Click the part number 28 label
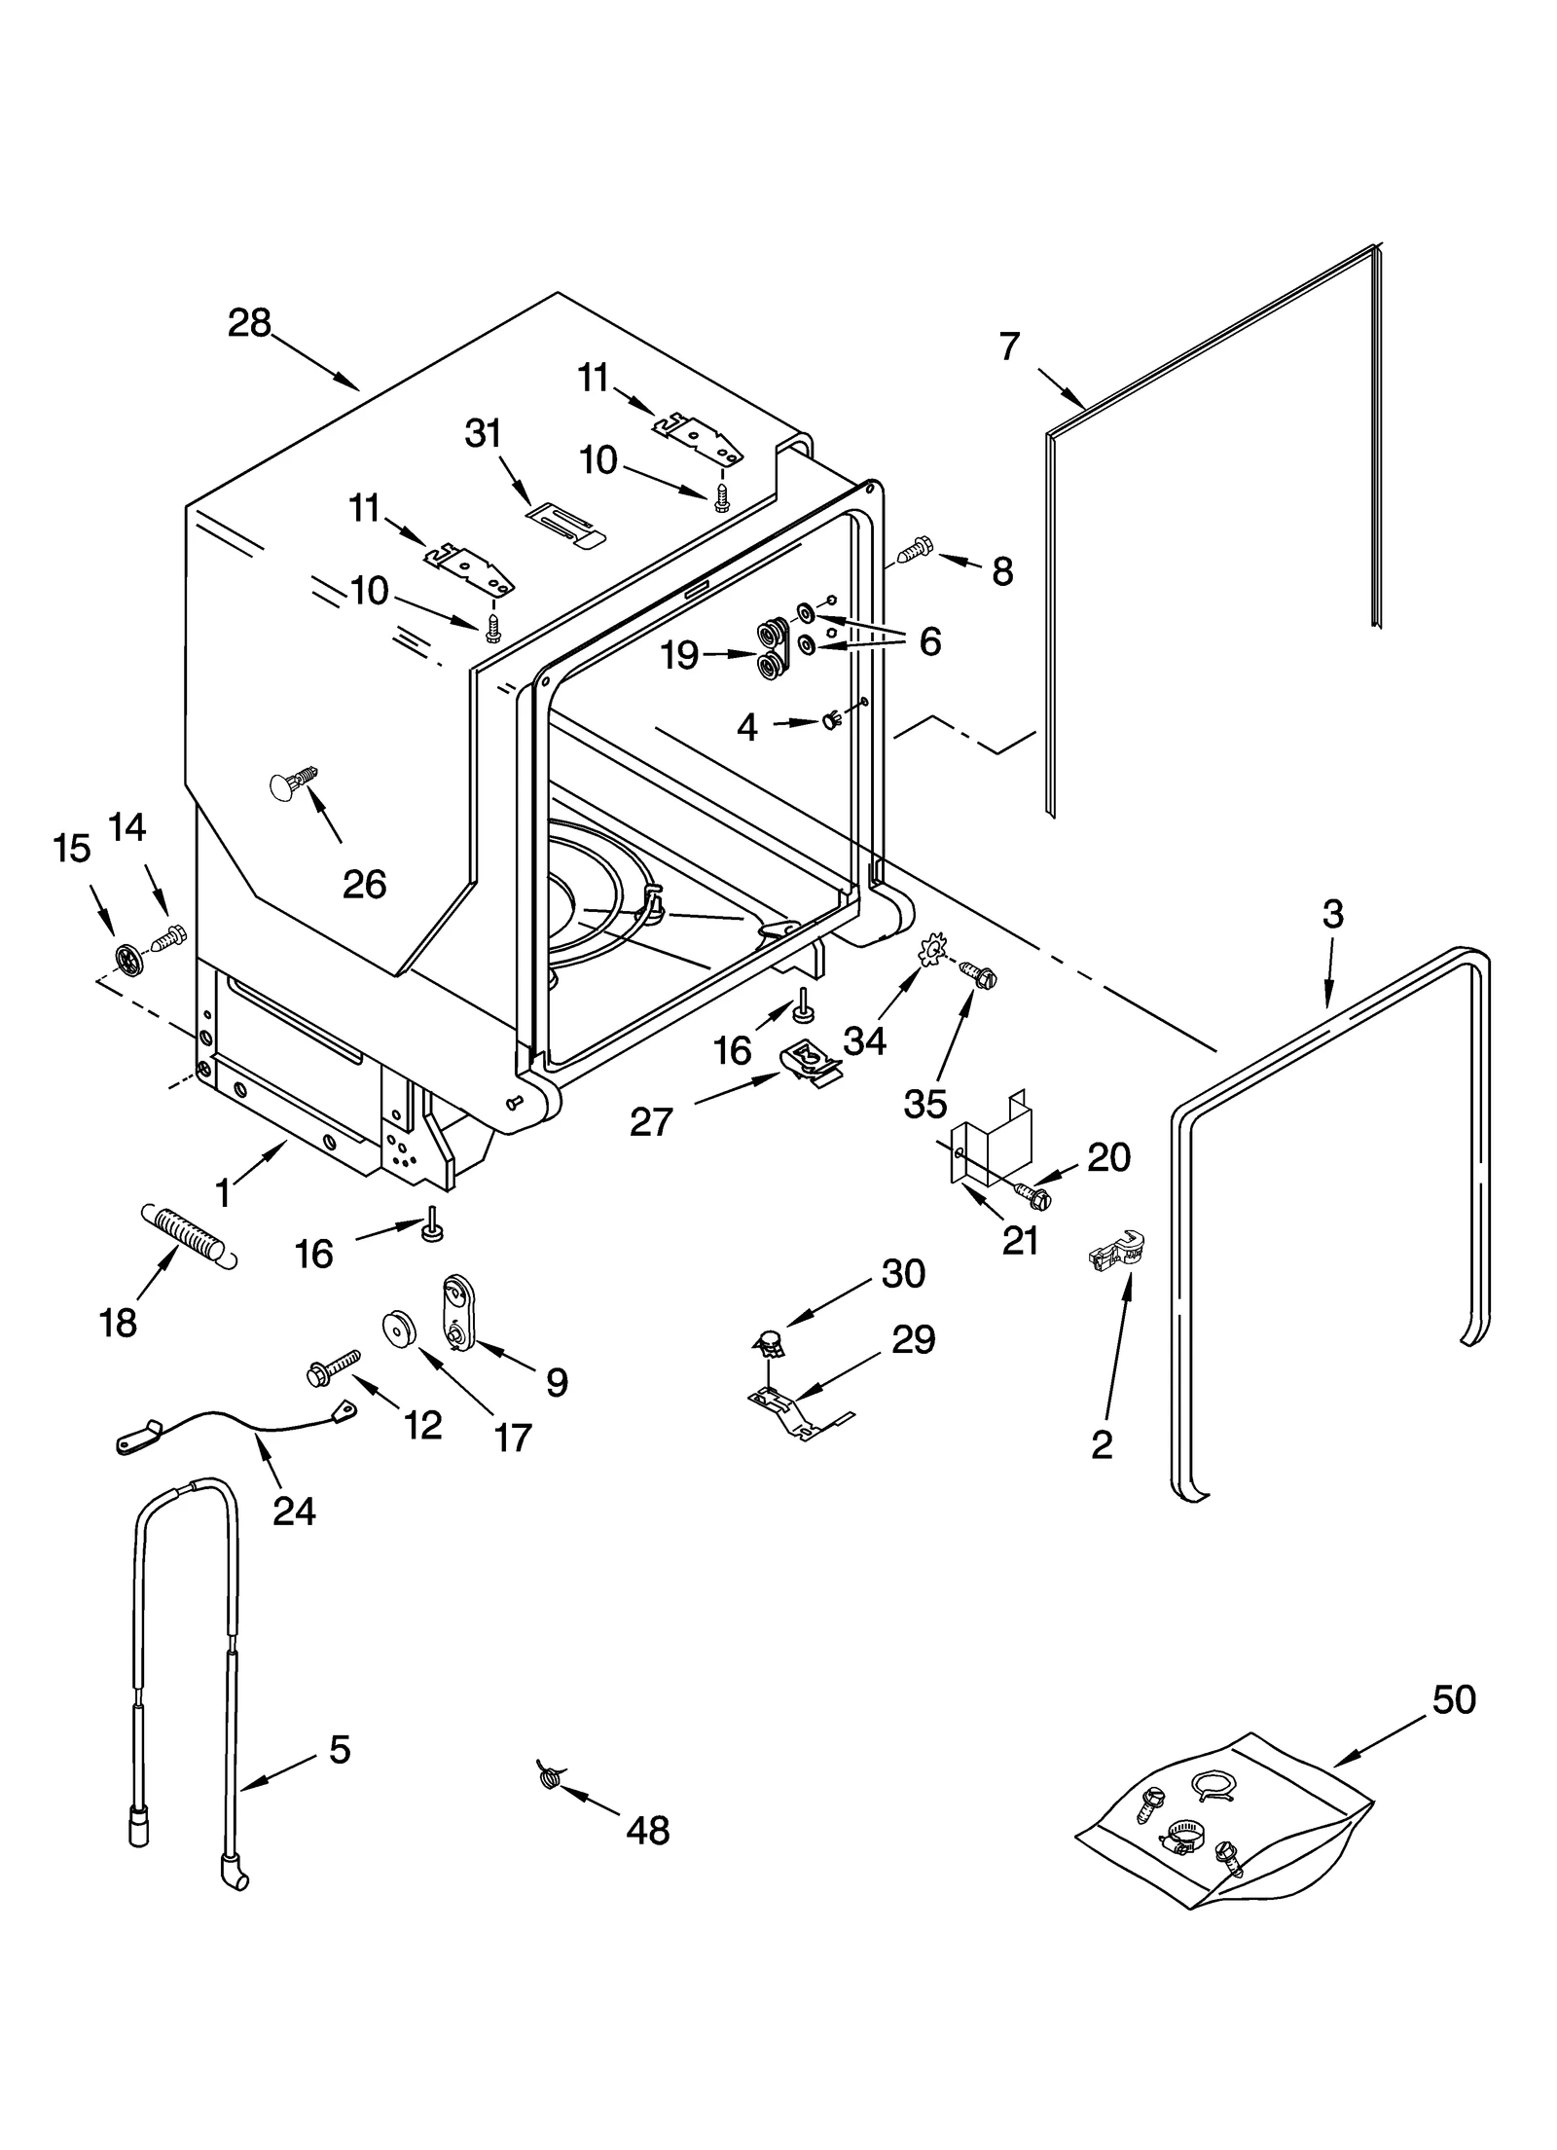(x=249, y=323)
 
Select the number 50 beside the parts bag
(x=1454, y=1700)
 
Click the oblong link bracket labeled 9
(x=455, y=1312)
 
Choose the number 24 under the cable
(x=294, y=1511)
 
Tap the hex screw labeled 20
(x=1032, y=1193)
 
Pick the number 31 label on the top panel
(x=484, y=433)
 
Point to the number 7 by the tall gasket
(x=1009, y=346)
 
